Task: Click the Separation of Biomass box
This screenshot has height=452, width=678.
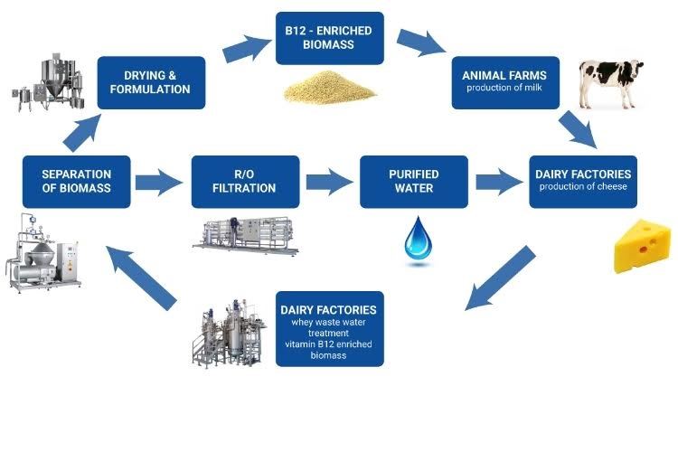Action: point(76,181)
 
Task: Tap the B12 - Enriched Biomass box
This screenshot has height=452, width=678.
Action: point(329,37)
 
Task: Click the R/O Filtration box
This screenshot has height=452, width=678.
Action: point(245,181)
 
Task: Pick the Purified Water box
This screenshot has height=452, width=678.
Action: point(414,181)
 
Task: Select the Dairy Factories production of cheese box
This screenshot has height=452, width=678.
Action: point(583,181)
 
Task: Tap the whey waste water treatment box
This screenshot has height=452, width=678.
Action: point(329,327)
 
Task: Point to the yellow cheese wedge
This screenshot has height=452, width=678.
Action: point(642,246)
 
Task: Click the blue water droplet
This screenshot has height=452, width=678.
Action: point(417,239)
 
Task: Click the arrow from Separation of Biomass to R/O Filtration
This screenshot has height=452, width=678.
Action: point(159,182)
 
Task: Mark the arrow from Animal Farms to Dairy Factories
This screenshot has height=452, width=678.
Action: point(577,130)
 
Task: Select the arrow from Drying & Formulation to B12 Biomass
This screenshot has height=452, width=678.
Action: point(242,49)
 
